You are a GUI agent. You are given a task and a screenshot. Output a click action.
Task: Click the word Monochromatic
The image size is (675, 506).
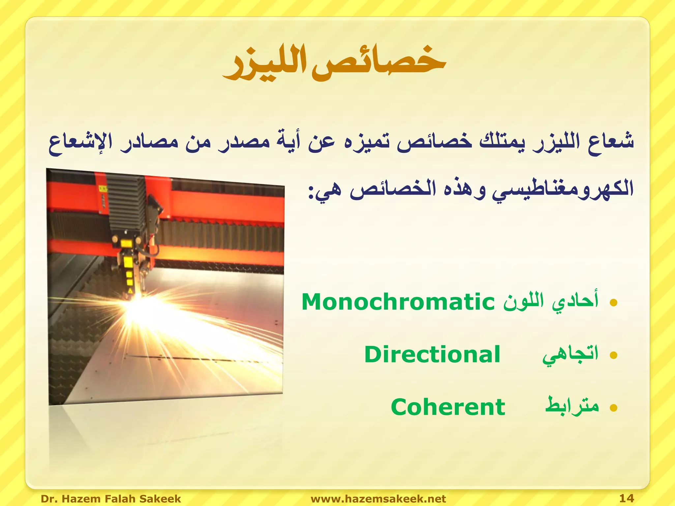398,302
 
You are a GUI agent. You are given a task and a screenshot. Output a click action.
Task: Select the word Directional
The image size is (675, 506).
432,354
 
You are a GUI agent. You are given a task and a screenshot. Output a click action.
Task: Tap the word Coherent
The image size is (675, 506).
448,407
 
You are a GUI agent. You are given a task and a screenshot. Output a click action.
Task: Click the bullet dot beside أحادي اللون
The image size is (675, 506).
613,302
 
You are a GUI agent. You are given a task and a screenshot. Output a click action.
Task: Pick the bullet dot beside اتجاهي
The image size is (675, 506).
613,355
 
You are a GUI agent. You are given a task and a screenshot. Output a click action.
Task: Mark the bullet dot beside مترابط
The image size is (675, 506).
613,408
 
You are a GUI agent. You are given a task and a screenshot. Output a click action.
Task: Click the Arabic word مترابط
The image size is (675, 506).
572,406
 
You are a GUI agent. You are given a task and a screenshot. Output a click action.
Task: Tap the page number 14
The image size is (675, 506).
627,498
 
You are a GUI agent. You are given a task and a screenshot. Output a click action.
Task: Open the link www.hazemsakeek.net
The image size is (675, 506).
378,498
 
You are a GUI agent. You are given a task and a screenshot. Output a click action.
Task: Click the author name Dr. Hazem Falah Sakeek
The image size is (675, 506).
111,498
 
